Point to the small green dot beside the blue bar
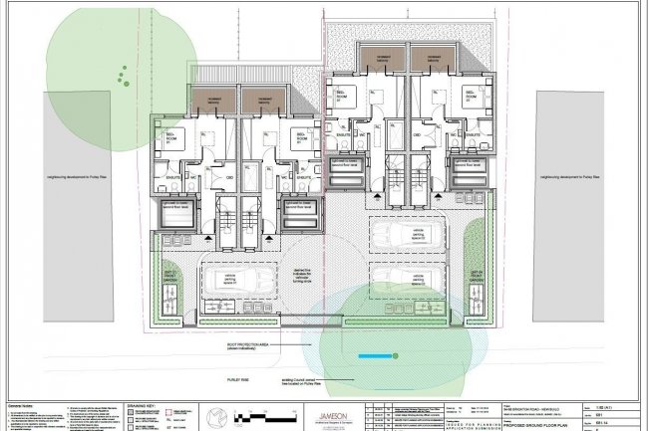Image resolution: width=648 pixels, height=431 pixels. click(x=396, y=354)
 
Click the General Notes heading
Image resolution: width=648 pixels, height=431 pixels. click(x=22, y=406)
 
